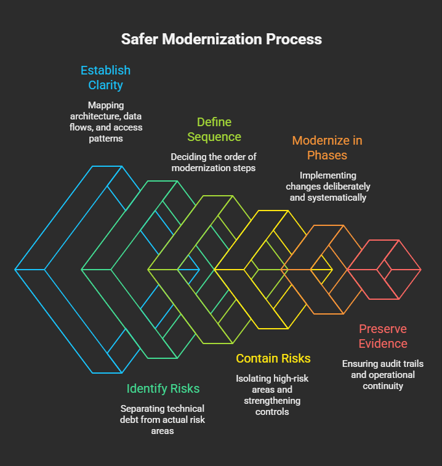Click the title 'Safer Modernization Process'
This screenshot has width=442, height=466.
(x=221, y=39)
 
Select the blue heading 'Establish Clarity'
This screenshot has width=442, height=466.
(x=105, y=78)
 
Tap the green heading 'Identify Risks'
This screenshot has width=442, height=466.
(x=163, y=388)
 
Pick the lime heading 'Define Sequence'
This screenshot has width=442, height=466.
(x=214, y=129)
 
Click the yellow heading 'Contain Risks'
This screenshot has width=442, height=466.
(x=273, y=358)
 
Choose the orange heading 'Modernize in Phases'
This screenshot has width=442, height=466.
(x=327, y=148)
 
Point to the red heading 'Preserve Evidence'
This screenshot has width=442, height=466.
(x=383, y=336)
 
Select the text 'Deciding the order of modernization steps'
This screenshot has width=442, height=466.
(x=214, y=162)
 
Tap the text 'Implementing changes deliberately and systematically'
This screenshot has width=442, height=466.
(x=327, y=187)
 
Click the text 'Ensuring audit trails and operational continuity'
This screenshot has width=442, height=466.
(x=383, y=374)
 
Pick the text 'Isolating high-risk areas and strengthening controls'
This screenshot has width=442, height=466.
(x=272, y=395)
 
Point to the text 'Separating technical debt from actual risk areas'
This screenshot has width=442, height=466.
(x=163, y=420)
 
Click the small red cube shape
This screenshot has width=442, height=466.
(x=385, y=270)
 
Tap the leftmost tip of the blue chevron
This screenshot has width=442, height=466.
(x=16, y=270)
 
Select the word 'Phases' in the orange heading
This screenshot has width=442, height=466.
(x=327, y=155)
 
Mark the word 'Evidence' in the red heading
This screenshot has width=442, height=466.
(x=383, y=343)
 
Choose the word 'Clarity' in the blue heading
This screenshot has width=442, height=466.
(x=105, y=85)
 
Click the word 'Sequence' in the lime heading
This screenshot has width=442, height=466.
(x=214, y=137)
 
